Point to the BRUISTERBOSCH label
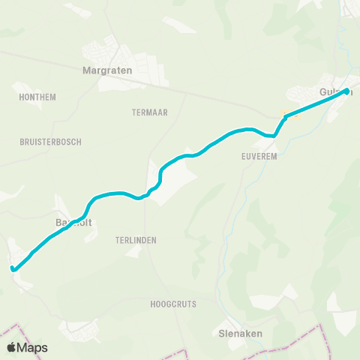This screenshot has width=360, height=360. [51, 142]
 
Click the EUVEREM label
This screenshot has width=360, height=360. [260, 157]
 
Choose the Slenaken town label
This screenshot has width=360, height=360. [238, 335]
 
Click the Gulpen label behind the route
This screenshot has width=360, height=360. [334, 91]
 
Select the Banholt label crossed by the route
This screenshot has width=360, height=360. [72, 223]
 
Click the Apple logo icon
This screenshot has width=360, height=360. [12, 348]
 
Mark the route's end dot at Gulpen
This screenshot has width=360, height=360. [346, 92]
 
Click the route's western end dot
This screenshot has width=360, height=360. [13, 268]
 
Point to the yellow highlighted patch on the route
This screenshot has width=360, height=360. [285, 115]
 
